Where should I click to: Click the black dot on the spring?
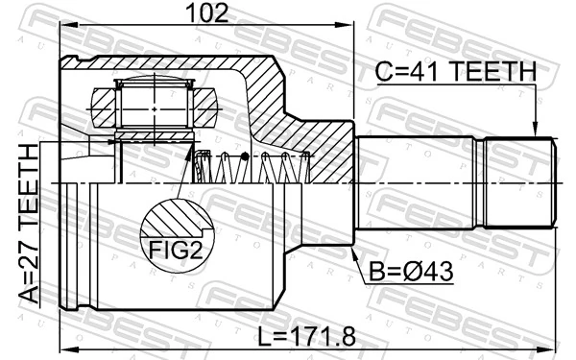coord(246,156)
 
